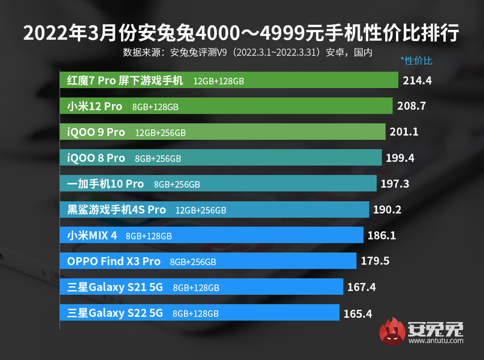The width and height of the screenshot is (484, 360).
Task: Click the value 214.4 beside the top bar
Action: pyautogui.click(x=417, y=80)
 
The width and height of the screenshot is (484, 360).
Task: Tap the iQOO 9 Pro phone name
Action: pyautogui.click(x=96, y=132)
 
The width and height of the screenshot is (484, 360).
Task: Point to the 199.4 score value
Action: pyautogui.click(x=400, y=158)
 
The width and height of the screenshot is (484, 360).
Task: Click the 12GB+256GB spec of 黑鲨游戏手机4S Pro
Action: pyautogui.click(x=201, y=210)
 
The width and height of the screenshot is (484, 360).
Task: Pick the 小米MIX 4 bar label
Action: pyautogui.click(x=92, y=236)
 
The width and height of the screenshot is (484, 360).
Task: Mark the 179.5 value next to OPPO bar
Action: pyautogui.click(x=375, y=261)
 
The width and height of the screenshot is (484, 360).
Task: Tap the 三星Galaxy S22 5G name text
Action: pyautogui.click(x=115, y=313)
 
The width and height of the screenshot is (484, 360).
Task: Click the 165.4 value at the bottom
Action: pyautogui.click(x=357, y=313)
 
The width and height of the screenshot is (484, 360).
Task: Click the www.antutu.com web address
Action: pyautogui.click(x=436, y=340)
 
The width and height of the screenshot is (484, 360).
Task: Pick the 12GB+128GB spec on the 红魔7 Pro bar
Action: pyautogui.click(x=218, y=81)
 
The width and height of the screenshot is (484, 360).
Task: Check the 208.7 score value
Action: pyautogui.click(x=411, y=106)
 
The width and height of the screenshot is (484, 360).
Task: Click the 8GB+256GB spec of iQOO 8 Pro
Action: pyautogui.click(x=158, y=159)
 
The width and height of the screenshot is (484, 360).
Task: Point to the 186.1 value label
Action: pyautogui.click(x=381, y=236)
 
